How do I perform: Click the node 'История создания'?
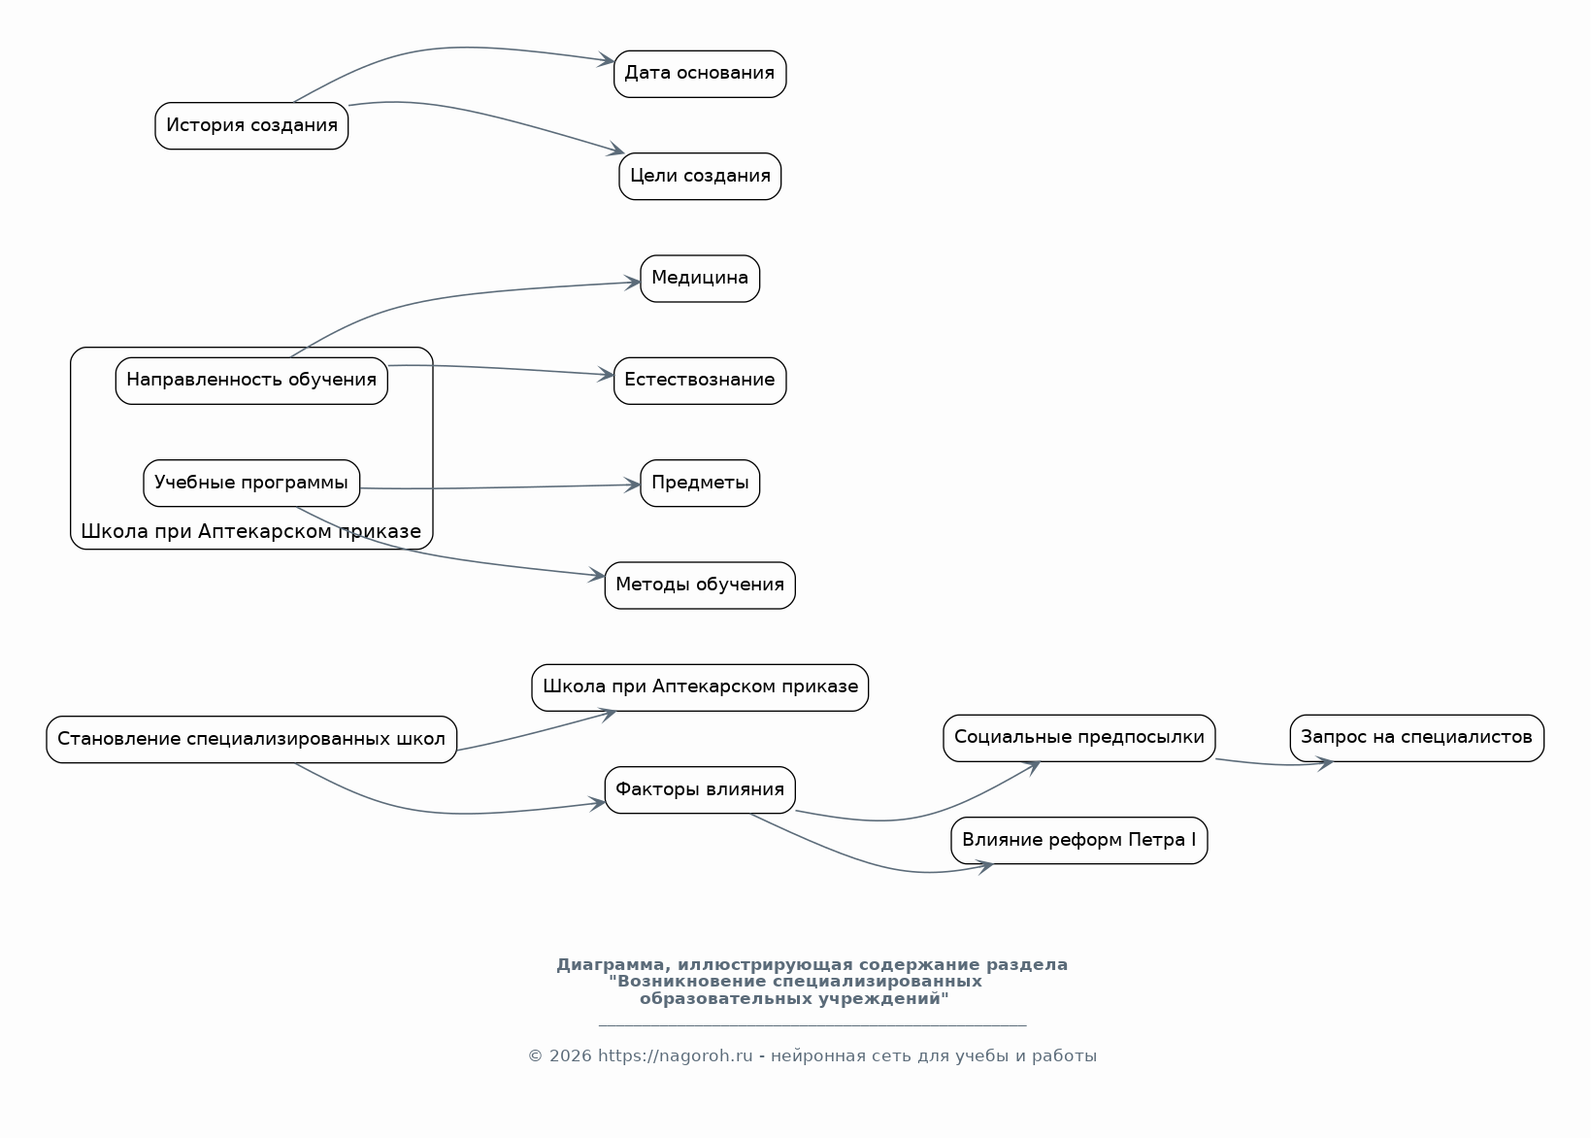pos(251,125)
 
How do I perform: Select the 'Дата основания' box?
pos(700,74)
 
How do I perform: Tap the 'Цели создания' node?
pos(700,176)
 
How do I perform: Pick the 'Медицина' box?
pos(700,279)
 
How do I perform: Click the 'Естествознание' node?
pos(700,381)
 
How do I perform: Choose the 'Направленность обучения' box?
pos(251,381)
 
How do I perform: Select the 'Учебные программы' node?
pos(251,483)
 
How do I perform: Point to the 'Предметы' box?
pos(700,483)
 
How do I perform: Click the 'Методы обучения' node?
pos(700,586)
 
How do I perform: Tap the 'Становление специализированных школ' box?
pos(251,740)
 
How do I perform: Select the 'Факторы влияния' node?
pos(700,790)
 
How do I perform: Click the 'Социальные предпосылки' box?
pos(1078,738)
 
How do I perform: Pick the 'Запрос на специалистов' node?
pos(1416,738)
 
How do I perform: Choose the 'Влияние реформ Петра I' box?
pos(1078,840)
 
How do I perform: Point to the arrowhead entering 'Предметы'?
pos(632,485)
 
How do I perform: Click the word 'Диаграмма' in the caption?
pos(613,964)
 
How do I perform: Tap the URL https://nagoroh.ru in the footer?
pos(675,1055)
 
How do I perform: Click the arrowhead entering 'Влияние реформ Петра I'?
pos(985,867)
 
